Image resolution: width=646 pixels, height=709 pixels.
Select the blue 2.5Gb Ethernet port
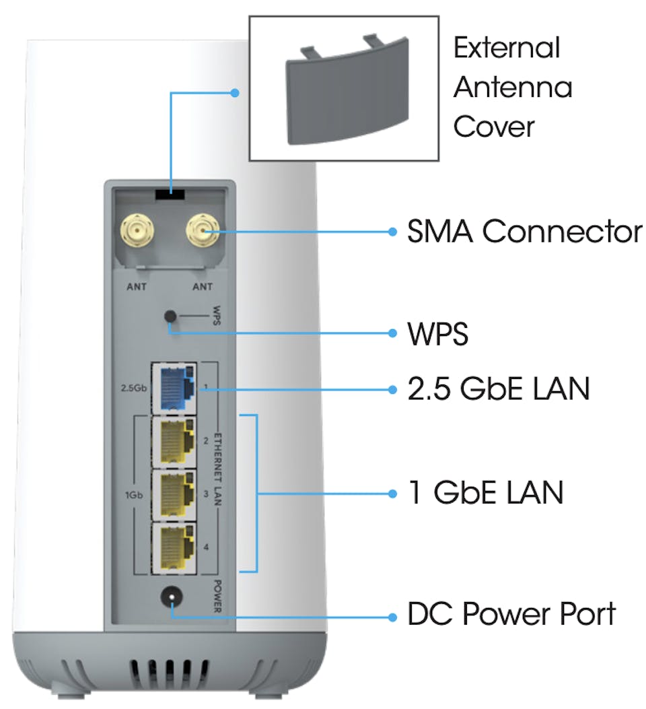pyautogui.click(x=174, y=389)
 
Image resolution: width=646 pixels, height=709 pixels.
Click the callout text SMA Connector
pyautogui.click(x=524, y=232)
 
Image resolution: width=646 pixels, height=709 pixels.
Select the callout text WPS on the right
pyautogui.click(x=437, y=333)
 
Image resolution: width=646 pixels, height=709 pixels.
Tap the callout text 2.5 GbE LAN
pyautogui.click(x=499, y=389)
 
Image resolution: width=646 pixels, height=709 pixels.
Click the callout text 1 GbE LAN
pyautogui.click(x=485, y=493)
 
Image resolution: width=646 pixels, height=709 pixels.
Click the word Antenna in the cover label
pyautogui.click(x=512, y=88)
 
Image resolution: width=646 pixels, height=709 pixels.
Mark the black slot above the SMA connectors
pyautogui.click(x=171, y=193)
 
